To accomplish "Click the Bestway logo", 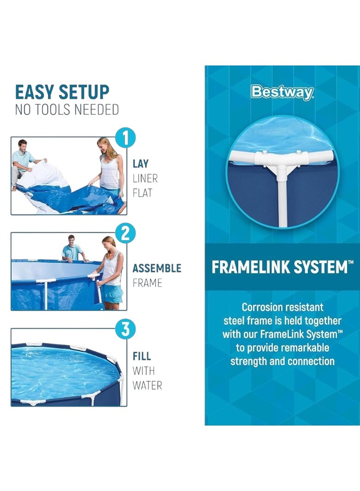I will [282, 93].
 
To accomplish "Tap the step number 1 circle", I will [125, 138].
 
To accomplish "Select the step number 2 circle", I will [125, 234].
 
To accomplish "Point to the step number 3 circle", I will [125, 329].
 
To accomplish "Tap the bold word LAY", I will [141, 164].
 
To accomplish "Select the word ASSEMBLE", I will [157, 268].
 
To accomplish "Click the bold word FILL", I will [142, 356].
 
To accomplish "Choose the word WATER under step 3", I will [147, 385].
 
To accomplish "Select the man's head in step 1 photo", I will [23, 145].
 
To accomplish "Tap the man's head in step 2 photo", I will [71, 240].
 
